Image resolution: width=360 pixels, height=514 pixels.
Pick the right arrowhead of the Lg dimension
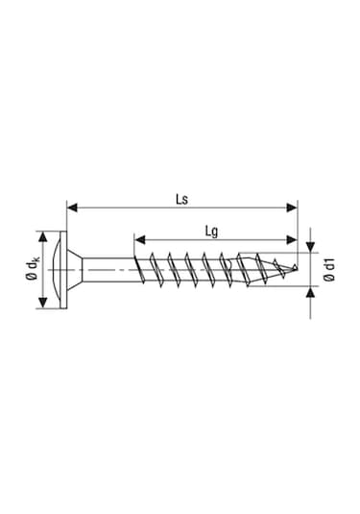[293, 238]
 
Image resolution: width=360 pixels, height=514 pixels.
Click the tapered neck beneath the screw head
[88, 272]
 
